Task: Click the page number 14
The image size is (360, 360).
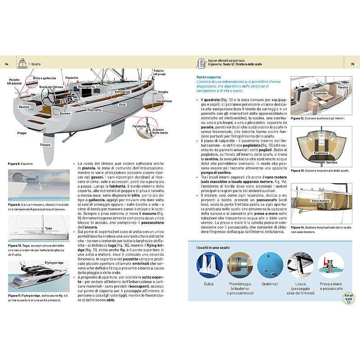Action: pos(6,64)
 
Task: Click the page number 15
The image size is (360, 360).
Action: pos(353,64)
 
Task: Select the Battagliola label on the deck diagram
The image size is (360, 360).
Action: pos(122,92)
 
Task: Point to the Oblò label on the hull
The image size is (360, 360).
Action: pos(122,104)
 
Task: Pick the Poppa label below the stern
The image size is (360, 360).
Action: pos(22,133)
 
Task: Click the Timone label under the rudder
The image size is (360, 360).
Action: pos(45,144)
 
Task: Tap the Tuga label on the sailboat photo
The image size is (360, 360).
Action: pos(49,228)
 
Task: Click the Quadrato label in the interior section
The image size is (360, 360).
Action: pos(320,93)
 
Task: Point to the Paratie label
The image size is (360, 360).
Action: pos(343,86)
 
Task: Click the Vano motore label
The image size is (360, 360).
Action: pos(320,201)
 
